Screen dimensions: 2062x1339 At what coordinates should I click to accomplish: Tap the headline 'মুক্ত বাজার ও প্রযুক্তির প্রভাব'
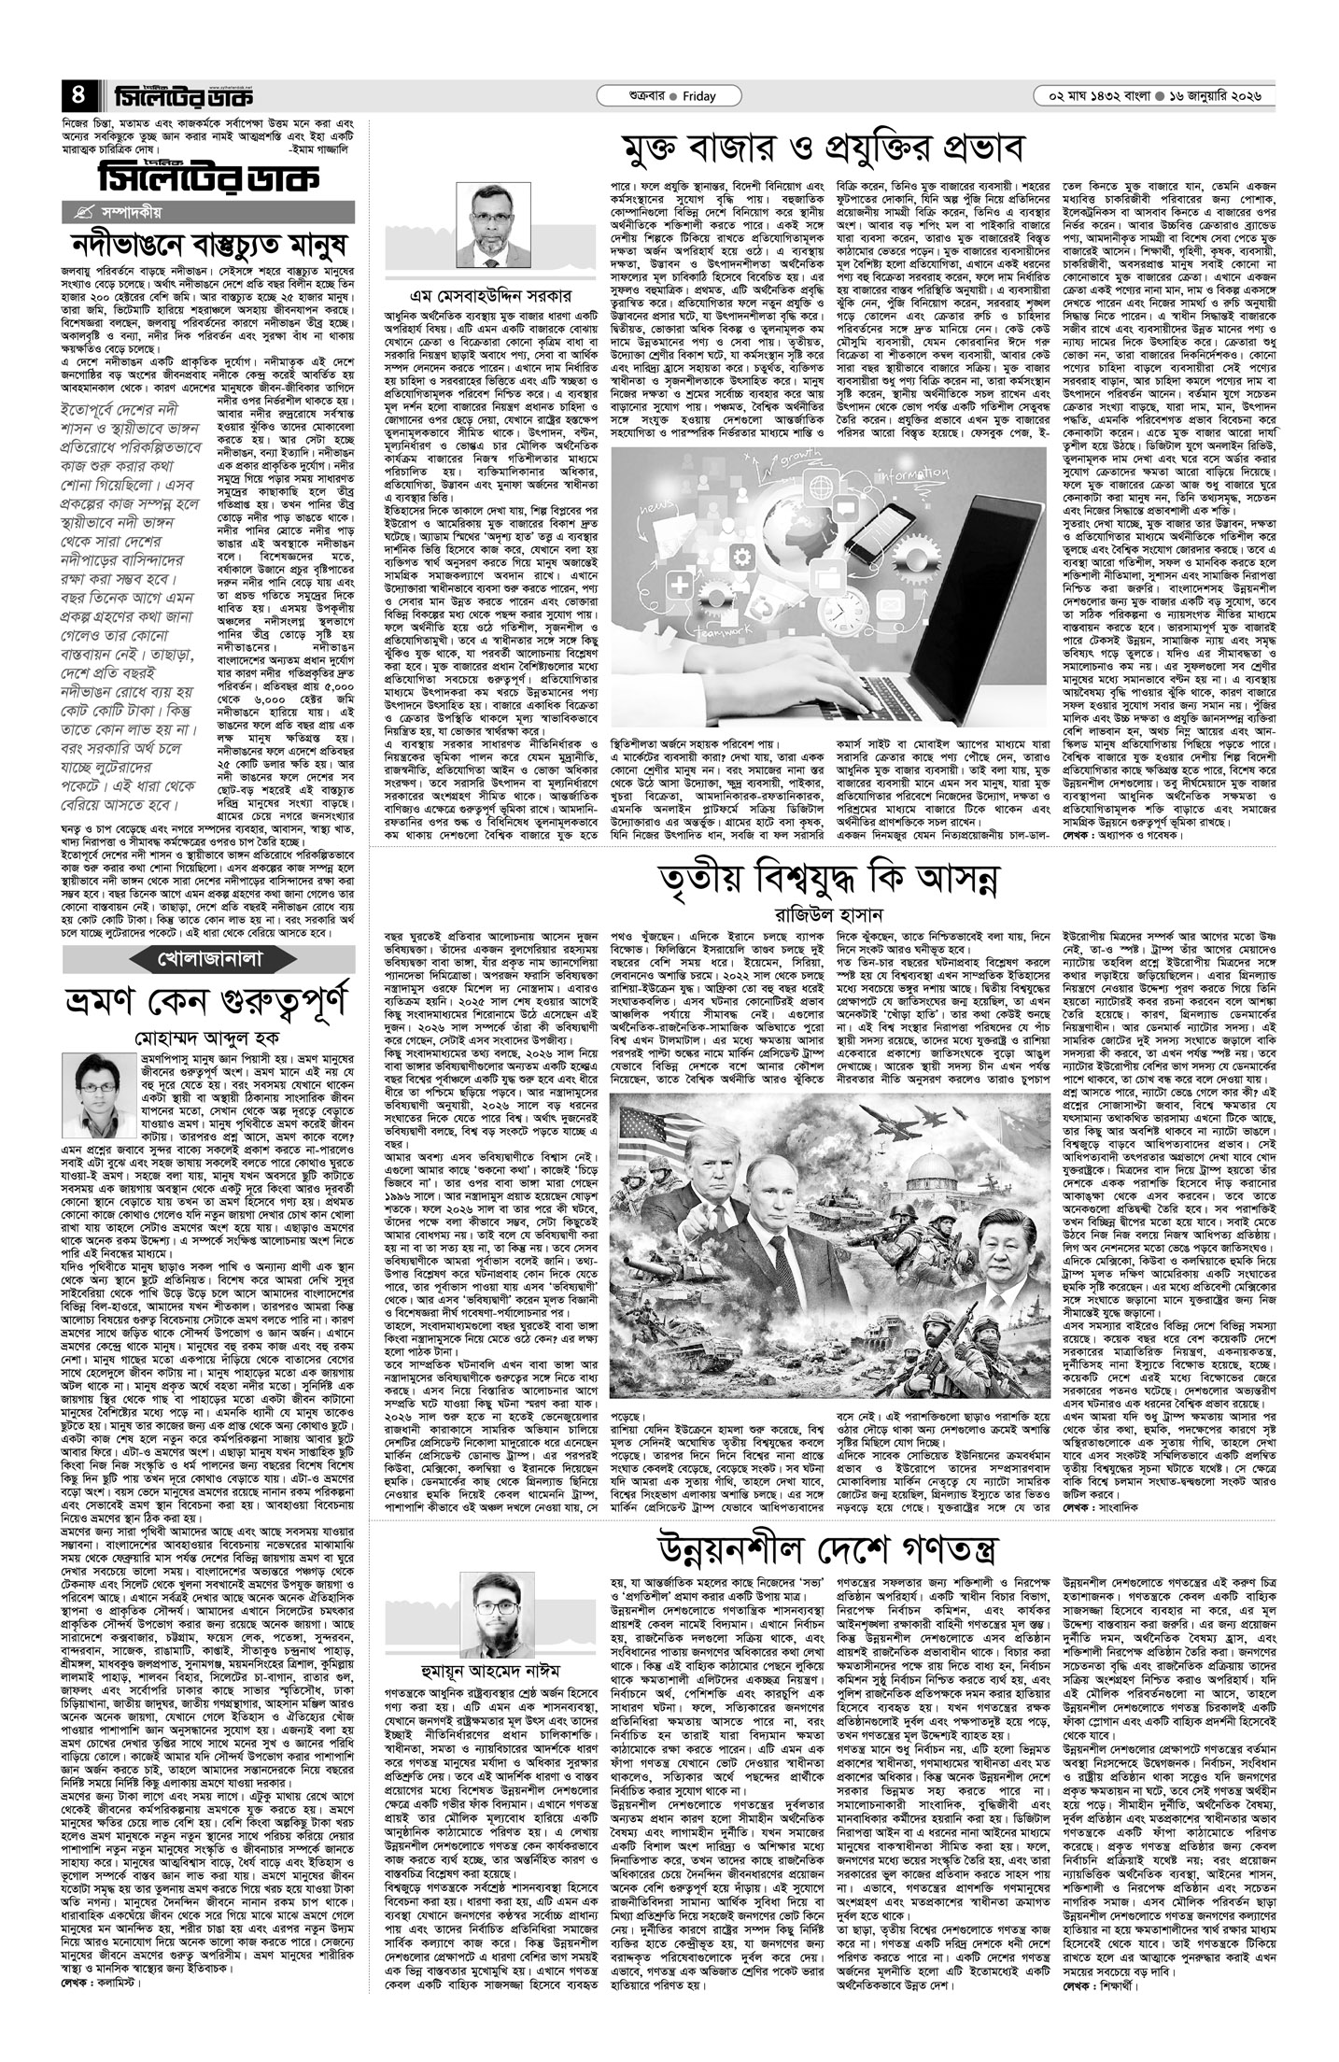(x=825, y=148)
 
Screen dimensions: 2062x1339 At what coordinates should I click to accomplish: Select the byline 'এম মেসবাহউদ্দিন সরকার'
(x=493, y=293)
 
